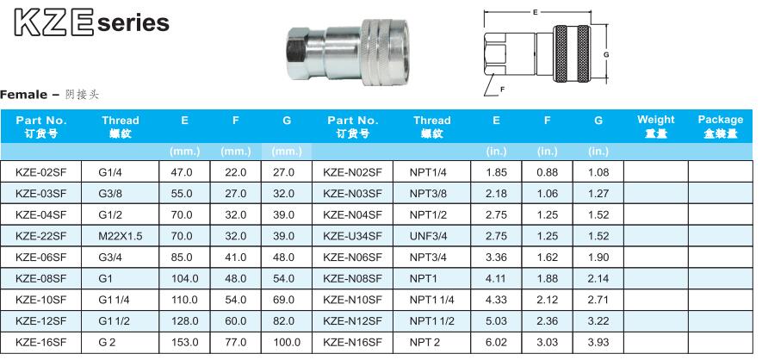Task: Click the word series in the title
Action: [x=133, y=23]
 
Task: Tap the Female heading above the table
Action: [x=23, y=94]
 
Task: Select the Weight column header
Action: [x=655, y=127]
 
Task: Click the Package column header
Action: [x=720, y=127]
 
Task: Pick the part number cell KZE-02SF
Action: [x=40, y=172]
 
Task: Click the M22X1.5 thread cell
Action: [x=120, y=236]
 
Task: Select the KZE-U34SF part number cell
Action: [x=352, y=236]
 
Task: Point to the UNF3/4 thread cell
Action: [x=428, y=236]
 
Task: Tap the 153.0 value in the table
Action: [x=184, y=343]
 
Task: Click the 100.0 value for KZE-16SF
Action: [x=287, y=343]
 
